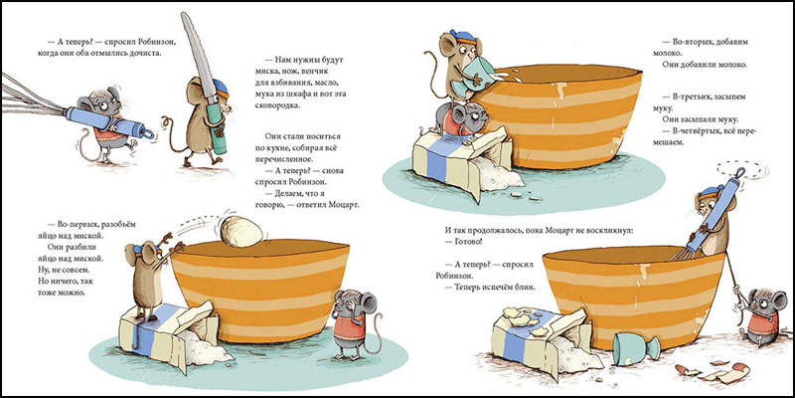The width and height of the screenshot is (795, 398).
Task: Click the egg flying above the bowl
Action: (242, 232)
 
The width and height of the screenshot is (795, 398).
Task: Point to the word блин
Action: (526, 288)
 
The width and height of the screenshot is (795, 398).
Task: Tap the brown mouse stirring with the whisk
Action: (714, 218)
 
